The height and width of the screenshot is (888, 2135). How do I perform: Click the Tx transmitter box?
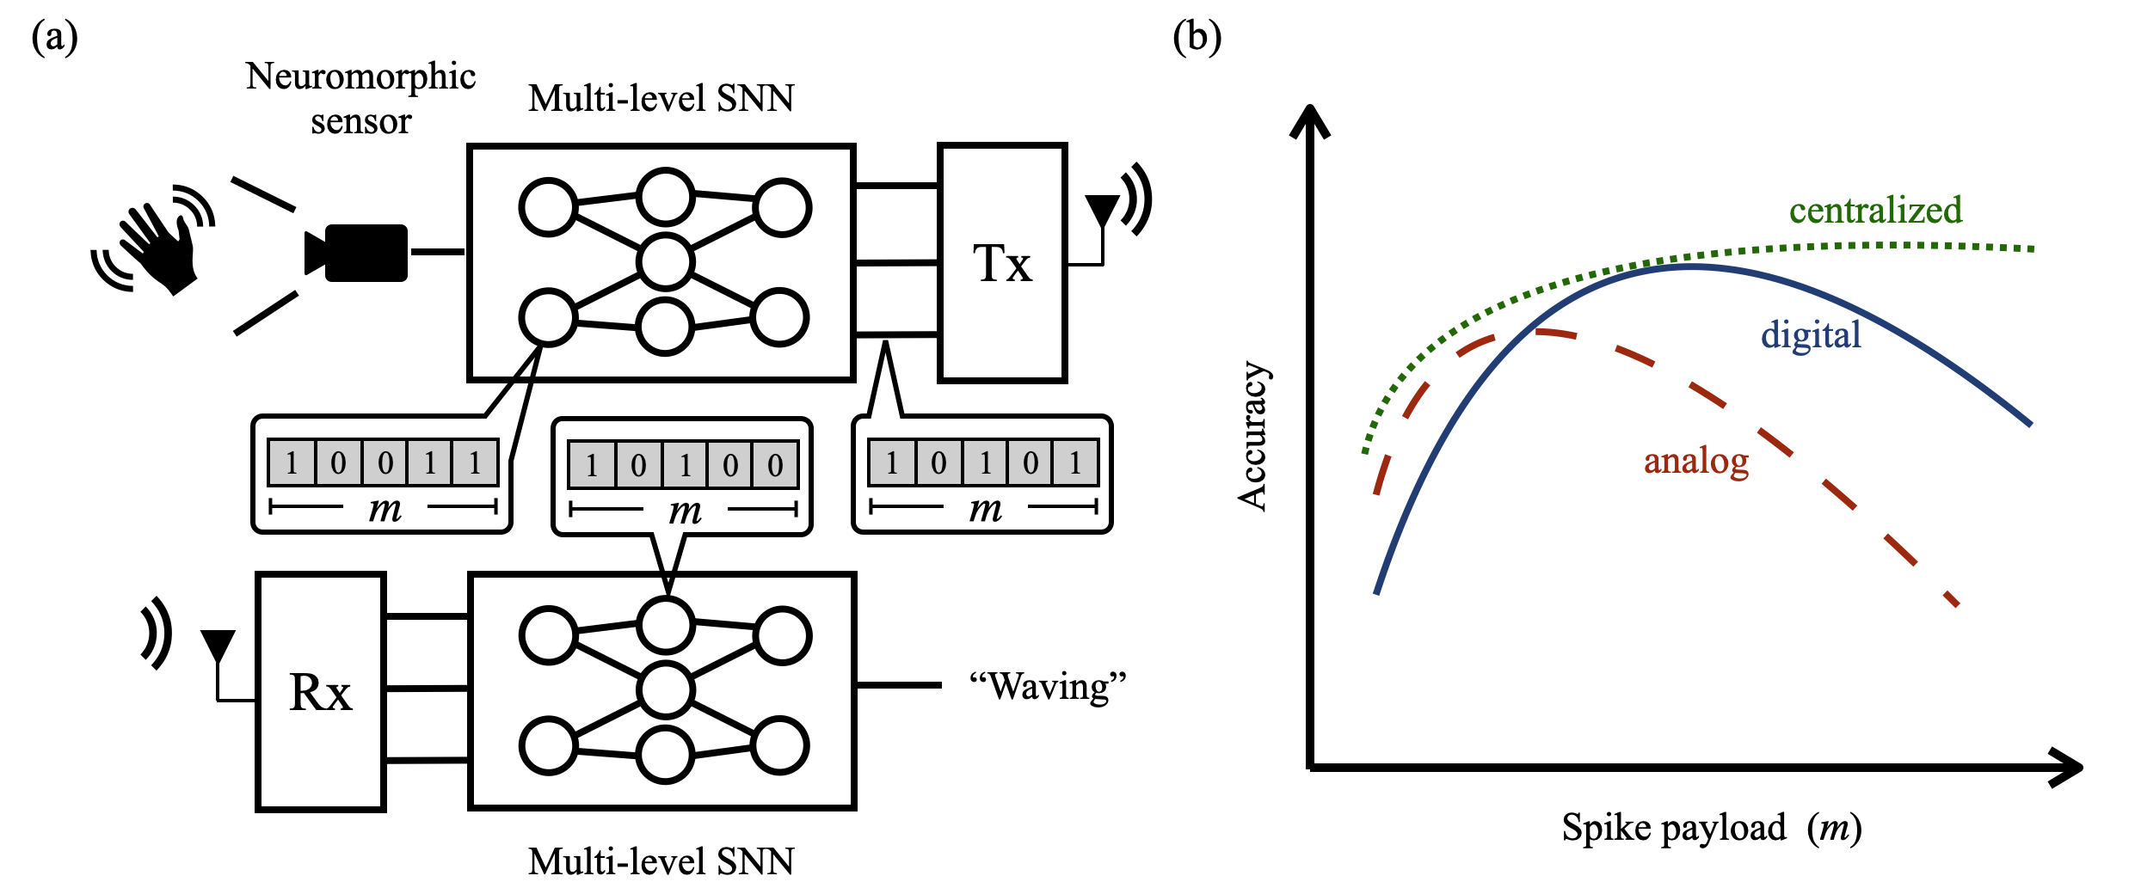(1002, 262)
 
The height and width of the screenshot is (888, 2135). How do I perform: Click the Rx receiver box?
(320, 691)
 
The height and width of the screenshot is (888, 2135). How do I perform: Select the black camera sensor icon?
(357, 253)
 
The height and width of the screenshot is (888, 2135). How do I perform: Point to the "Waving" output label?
(1048, 687)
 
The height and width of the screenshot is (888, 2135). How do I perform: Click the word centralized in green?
(1875, 211)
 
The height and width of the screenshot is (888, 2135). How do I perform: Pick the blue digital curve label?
(1811, 334)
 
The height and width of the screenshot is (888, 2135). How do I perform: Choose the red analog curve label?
(1696, 461)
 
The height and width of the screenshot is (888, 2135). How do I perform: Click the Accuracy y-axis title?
(1252, 436)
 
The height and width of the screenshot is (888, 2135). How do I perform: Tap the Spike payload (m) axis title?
(1712, 828)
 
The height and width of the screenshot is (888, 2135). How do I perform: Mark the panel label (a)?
(54, 37)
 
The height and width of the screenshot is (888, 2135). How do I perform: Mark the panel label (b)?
(1197, 37)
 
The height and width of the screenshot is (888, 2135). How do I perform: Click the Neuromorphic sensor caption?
(360, 98)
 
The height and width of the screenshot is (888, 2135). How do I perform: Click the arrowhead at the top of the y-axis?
(1310, 120)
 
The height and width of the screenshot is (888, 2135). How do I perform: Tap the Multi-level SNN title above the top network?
(661, 98)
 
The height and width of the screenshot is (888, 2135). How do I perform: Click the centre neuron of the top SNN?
(666, 261)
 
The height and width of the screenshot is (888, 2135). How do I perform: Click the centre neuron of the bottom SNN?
(666, 689)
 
